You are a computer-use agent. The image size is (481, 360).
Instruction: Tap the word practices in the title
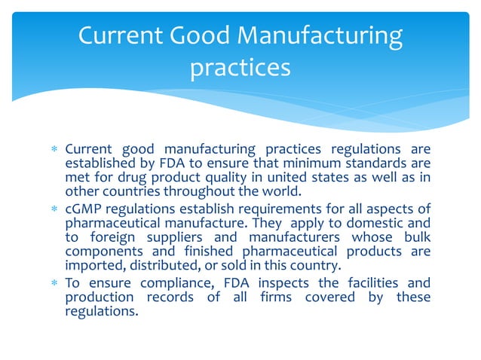click(x=240, y=68)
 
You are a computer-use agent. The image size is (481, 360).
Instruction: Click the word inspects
click(x=284, y=283)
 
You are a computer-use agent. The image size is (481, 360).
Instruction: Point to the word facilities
click(x=366, y=283)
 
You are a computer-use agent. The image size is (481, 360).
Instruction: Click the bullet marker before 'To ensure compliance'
click(x=54, y=284)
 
